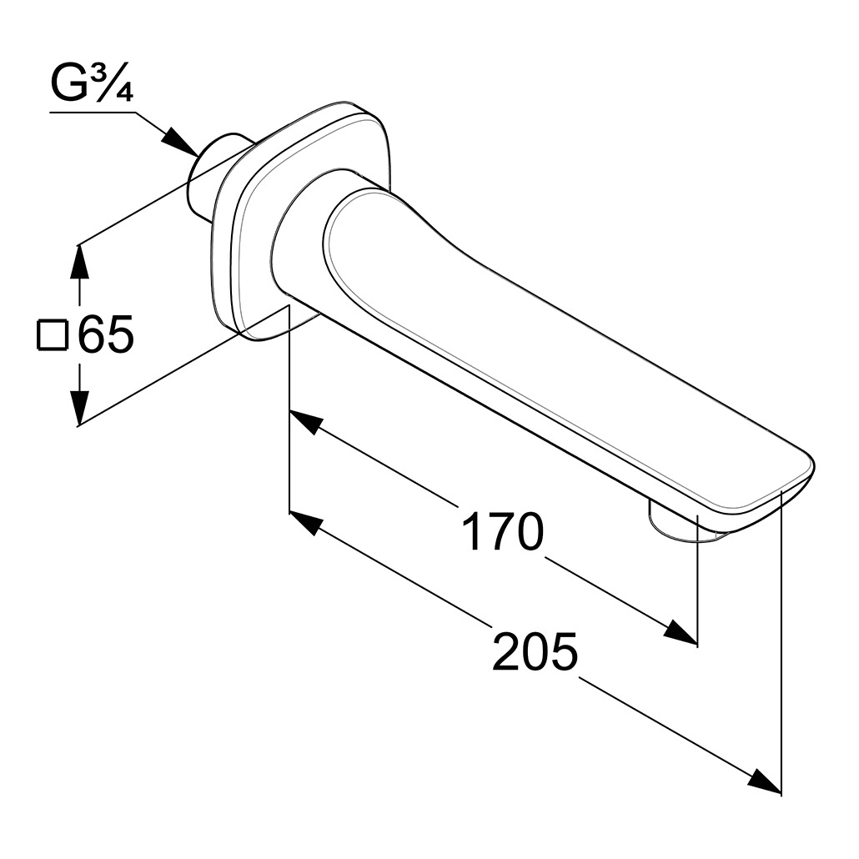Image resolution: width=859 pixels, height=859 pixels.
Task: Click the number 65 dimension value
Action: click(106, 334)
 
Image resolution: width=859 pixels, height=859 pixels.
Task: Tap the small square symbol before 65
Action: click(52, 334)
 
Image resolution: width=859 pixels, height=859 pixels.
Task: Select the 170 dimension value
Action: click(502, 531)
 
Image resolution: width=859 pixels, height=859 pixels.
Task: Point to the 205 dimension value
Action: click(535, 651)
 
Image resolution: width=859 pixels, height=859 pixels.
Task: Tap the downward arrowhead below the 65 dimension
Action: click(81, 404)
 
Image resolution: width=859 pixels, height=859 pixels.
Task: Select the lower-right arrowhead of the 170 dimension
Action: click(681, 632)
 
